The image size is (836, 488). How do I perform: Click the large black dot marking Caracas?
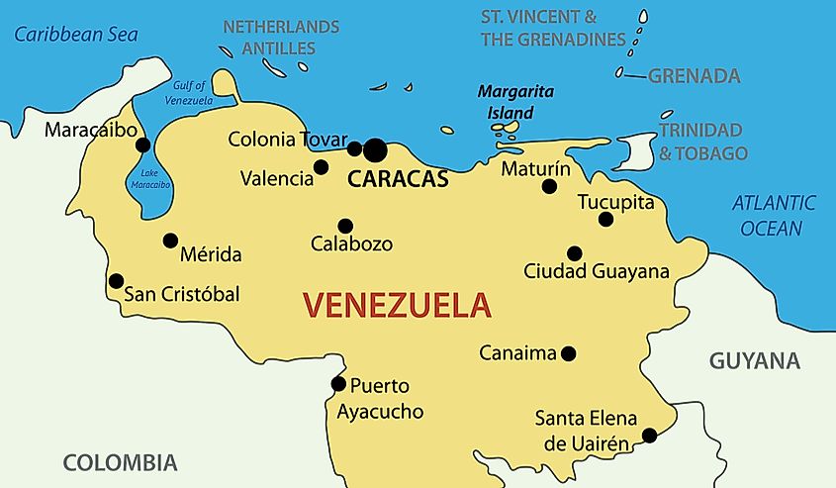pos(375,150)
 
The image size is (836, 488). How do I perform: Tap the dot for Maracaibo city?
pos(143,145)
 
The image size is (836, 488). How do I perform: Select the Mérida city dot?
pos(170,241)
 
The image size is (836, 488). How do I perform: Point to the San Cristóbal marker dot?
pos(116,281)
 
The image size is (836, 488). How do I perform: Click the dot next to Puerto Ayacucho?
pos(338,384)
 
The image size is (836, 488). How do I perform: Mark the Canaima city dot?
pos(568,353)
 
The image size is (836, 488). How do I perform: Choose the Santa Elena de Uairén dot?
pos(649,435)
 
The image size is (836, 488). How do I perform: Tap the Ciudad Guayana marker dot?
pos(574,253)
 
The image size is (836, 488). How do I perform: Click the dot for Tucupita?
pos(606,219)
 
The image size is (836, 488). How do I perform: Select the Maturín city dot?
pos(549,186)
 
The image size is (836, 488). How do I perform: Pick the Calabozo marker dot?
pos(345,226)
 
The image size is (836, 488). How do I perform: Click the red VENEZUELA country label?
pos(396,304)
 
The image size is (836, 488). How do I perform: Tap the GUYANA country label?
pos(754,361)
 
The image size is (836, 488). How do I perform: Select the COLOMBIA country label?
pos(120,462)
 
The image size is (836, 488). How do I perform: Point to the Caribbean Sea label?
pos(75,35)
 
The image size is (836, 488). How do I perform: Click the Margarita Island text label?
pos(515,102)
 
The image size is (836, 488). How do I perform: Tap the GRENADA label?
pos(694,76)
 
